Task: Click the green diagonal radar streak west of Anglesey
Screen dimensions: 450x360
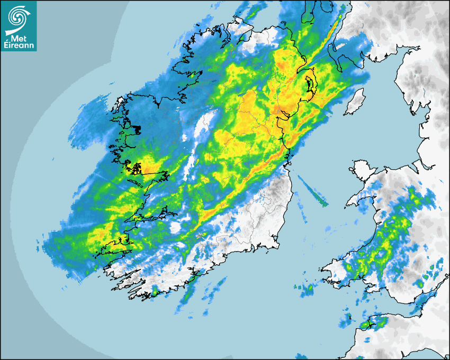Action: pos(313,191)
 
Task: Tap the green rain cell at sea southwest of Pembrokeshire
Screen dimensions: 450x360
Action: pos(308,289)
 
